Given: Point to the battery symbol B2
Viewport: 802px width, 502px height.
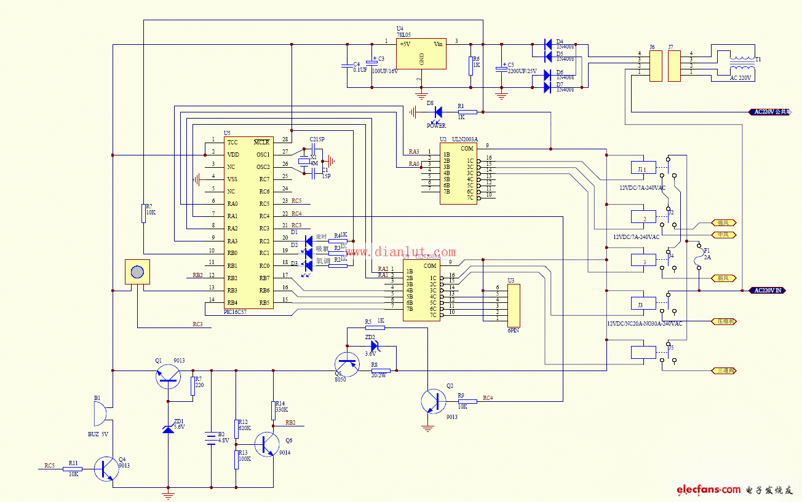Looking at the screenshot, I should tap(211, 437).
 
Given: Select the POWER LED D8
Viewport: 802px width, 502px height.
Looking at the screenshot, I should tap(438, 112).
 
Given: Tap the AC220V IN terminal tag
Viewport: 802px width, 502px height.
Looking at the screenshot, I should tap(768, 290).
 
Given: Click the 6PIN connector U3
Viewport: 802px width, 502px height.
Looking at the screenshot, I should tap(513, 305).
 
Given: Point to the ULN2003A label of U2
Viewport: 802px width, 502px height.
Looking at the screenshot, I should tap(465, 140).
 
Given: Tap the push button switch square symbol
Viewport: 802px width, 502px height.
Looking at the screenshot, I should tap(137, 272).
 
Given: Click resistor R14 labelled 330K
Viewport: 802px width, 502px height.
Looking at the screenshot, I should tap(273, 410).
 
